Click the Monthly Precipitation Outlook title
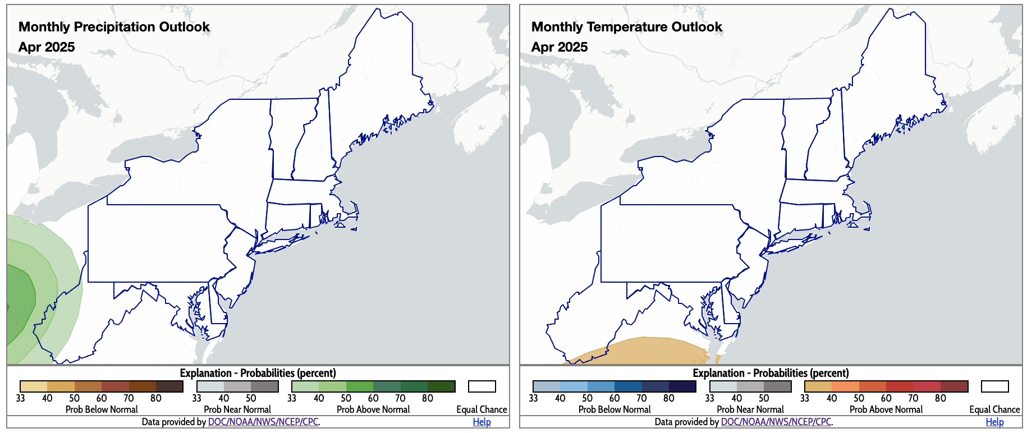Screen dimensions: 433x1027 pyautogui.click(x=114, y=27)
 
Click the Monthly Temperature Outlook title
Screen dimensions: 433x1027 pyautogui.click(x=626, y=27)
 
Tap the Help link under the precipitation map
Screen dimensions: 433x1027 pyautogui.click(x=482, y=422)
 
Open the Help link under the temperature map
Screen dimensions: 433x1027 pyautogui.click(x=994, y=422)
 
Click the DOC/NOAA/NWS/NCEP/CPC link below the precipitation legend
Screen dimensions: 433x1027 pyautogui.click(x=263, y=422)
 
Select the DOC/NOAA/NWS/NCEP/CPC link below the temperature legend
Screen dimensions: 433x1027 pyautogui.click(x=776, y=422)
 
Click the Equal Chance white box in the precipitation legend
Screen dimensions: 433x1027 pyautogui.click(x=482, y=386)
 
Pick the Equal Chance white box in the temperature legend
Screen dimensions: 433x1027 pyautogui.click(x=995, y=386)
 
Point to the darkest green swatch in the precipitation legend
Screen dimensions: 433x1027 pyautogui.click(x=441, y=386)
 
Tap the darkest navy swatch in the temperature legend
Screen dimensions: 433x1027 pyautogui.click(x=682, y=386)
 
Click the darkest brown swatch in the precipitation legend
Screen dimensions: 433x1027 pyautogui.click(x=169, y=386)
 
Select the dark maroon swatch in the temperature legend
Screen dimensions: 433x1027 pyautogui.click(x=954, y=386)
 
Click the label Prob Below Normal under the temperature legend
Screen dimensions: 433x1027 pyautogui.click(x=615, y=409)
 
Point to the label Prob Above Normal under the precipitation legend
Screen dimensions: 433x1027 pyautogui.click(x=373, y=409)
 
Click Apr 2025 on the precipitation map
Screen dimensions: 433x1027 pyautogui.click(x=47, y=47)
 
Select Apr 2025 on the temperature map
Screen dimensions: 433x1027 pyautogui.click(x=560, y=47)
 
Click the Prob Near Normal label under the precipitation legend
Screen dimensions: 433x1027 pyautogui.click(x=237, y=409)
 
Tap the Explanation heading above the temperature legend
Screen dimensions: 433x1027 pyautogui.click(x=771, y=373)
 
